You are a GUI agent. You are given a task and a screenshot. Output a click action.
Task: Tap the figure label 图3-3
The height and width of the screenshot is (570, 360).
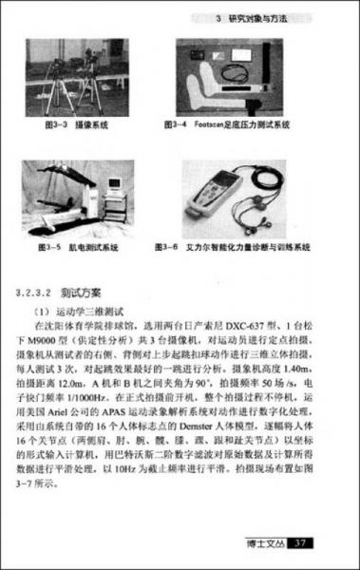coord(61,123)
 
